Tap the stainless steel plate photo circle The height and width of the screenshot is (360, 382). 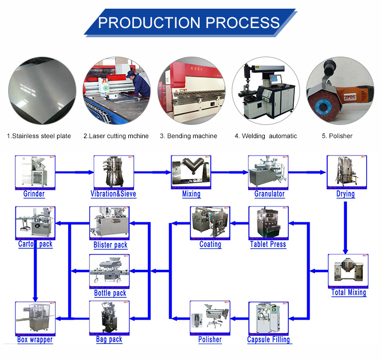41,90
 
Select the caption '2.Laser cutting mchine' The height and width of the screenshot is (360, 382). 116,136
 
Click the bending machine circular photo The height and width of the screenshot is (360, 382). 191,90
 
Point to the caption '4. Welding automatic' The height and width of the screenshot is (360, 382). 265,136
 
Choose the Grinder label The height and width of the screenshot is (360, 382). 34,194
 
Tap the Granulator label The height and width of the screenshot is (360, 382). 269,194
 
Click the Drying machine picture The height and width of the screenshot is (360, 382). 346,172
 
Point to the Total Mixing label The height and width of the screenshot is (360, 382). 349,292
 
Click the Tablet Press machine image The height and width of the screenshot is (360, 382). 268,222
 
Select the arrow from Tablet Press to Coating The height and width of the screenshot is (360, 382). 239,223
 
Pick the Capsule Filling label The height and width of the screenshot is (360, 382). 268,340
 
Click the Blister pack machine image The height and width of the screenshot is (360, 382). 109,223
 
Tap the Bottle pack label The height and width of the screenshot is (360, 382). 110,293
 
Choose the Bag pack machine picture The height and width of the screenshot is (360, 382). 109,317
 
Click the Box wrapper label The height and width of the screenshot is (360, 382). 35,340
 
